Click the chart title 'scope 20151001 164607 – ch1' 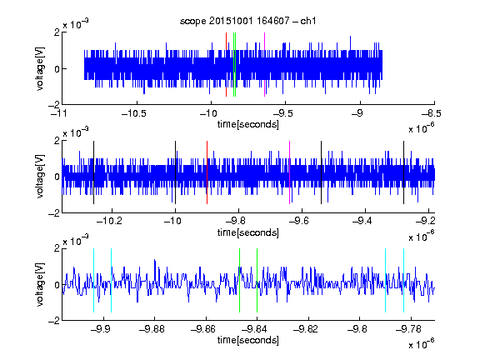(x=247, y=21)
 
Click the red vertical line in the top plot (x=226, y=65)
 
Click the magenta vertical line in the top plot (x=264, y=65)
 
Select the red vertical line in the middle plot (x=207, y=172)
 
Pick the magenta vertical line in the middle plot (x=289, y=172)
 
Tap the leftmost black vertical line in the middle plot (x=93, y=172)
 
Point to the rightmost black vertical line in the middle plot (x=403, y=172)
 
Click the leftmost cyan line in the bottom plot (x=93, y=280)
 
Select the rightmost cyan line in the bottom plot (x=403, y=280)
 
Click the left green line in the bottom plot (x=239, y=280)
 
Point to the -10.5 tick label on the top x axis (x=134, y=113)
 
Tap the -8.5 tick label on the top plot (x=432, y=113)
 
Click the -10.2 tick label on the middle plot (x=109, y=221)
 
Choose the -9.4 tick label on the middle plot (x=362, y=221)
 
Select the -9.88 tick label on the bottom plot (x=152, y=329)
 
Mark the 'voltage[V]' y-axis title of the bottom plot (x=40, y=284)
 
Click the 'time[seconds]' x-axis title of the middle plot (x=248, y=232)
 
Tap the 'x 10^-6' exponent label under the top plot (x=422, y=128)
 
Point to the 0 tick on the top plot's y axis (x=57, y=69)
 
